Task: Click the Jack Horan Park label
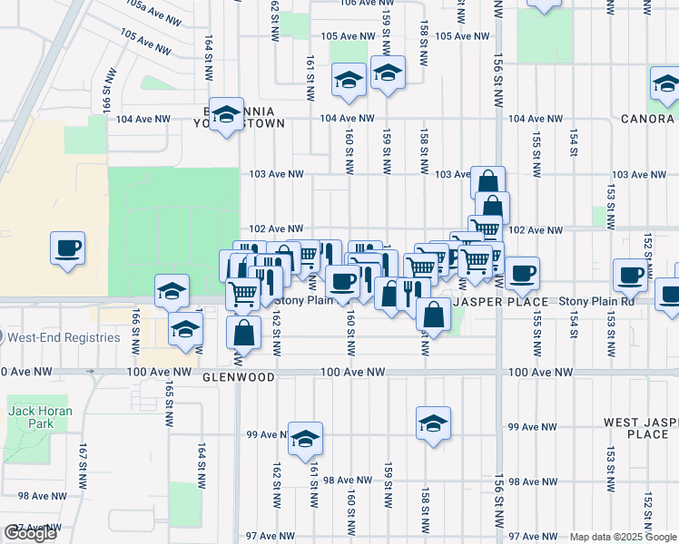coord(40,417)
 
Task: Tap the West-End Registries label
coord(63,337)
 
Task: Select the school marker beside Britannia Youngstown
coord(226,113)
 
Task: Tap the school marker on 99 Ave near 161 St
coord(306,438)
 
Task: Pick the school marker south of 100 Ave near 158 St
coord(434,423)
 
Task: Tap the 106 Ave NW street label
coord(359,3)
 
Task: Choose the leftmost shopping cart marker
coord(242,292)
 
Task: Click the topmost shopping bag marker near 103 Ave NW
coord(487,180)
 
